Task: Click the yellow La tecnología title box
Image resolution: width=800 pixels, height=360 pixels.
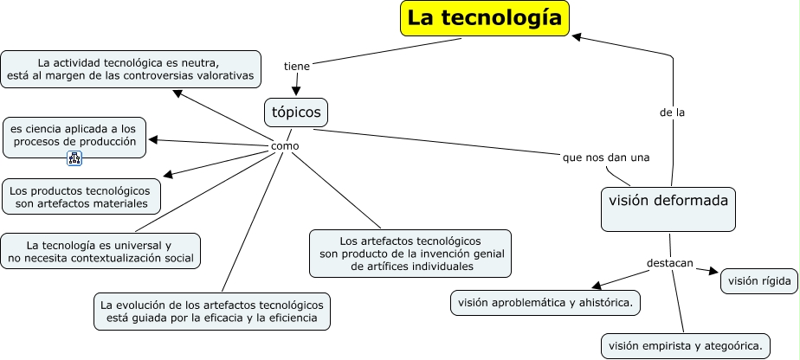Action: (x=485, y=18)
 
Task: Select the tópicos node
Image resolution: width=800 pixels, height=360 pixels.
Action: (x=296, y=112)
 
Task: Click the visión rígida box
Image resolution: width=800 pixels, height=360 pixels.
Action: (x=758, y=280)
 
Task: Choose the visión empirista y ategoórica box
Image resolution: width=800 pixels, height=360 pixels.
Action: (x=684, y=346)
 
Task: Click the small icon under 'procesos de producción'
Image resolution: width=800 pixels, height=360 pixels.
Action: (x=74, y=158)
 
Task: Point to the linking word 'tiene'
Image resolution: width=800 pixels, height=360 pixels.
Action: (x=296, y=66)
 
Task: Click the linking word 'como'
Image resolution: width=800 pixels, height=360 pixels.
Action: (x=285, y=146)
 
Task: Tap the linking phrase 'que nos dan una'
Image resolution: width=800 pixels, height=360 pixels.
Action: (x=606, y=157)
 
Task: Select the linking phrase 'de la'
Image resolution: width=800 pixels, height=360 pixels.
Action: (x=672, y=112)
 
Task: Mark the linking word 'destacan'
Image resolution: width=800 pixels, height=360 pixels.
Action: (x=670, y=263)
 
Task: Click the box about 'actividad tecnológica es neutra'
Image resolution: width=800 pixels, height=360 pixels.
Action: (x=131, y=69)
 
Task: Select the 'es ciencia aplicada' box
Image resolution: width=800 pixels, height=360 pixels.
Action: (x=74, y=135)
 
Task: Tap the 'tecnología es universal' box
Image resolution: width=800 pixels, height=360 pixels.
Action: (x=100, y=251)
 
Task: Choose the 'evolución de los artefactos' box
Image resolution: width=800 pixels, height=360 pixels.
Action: (x=212, y=312)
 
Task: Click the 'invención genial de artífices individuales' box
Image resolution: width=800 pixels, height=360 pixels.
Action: (x=410, y=253)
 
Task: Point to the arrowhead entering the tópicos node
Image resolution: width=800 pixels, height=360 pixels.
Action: (x=297, y=92)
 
